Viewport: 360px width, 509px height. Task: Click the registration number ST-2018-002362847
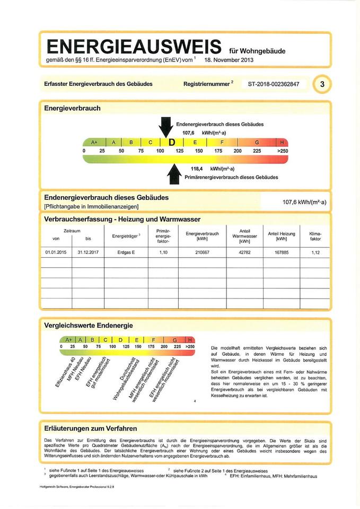coord(273,84)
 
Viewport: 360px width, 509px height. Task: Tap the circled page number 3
coord(322,84)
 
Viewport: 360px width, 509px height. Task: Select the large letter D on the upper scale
coord(172,142)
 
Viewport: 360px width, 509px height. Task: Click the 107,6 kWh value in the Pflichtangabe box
coord(305,202)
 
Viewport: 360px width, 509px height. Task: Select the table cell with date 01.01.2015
coord(56,252)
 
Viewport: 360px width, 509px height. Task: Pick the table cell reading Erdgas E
coord(126,252)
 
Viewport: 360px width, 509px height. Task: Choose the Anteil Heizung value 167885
coord(281,252)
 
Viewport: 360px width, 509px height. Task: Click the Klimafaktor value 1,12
coord(316,252)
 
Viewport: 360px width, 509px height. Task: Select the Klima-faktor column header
coord(316,235)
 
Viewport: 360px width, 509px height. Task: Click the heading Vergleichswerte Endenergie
coord(88,325)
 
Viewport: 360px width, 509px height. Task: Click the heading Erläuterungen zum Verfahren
coord(91,428)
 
